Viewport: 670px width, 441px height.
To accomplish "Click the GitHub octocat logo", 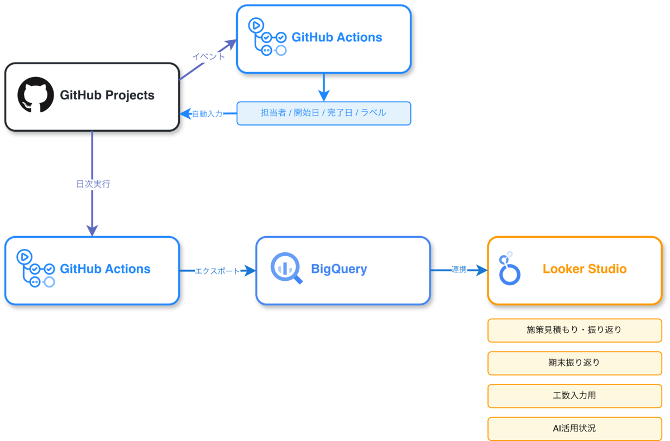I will (36, 95).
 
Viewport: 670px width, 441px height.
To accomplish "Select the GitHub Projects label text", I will (107, 95).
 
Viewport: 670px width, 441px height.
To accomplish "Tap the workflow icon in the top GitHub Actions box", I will (267, 37).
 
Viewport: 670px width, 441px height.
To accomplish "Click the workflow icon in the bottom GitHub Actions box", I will (35, 269).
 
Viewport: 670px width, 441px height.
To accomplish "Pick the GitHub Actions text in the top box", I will (337, 37).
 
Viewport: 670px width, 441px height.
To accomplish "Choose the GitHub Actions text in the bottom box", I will (105, 269).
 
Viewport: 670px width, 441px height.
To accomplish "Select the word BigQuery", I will (339, 269).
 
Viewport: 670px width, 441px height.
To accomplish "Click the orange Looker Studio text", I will (585, 269).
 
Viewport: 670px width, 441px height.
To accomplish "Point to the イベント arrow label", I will (209, 56).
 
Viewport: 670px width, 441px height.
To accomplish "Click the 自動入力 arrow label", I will (207, 114).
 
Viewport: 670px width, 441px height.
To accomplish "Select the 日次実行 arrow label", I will (93, 184).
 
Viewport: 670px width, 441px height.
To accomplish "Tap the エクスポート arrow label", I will (217, 271).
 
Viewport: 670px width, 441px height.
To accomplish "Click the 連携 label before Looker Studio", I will (459, 270).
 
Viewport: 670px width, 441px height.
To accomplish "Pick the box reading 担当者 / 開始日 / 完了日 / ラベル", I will (324, 113).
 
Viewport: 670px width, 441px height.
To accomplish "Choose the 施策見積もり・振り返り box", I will (575, 330).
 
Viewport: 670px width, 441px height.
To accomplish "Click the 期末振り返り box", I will (575, 363).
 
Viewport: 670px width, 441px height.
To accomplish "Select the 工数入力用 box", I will (575, 396).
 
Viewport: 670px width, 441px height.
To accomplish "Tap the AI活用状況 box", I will (575, 429).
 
